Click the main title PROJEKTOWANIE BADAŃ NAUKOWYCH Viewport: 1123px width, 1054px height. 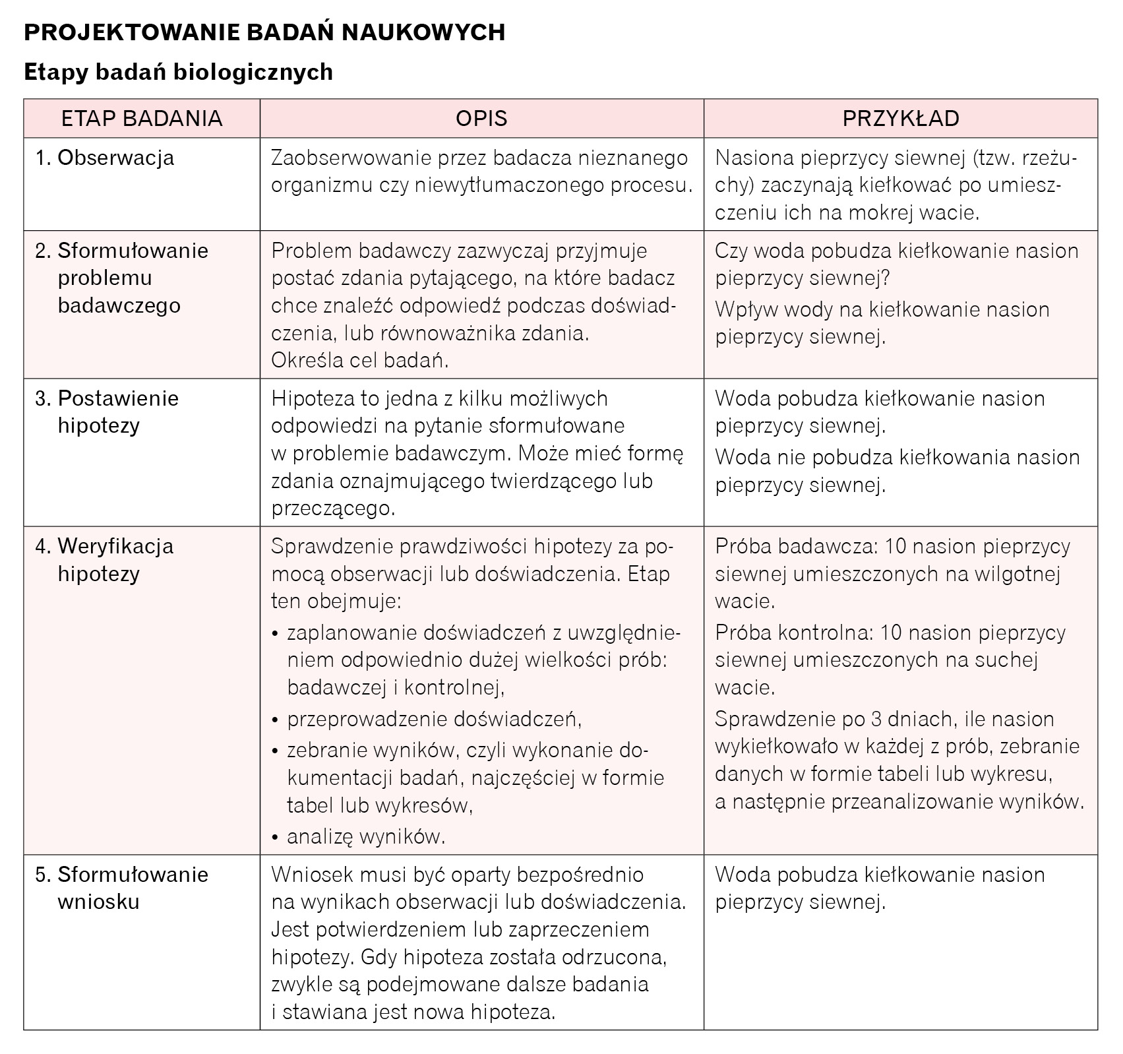(264, 32)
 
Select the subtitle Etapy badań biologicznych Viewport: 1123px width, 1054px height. (178, 72)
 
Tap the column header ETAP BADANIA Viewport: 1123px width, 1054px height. (142, 118)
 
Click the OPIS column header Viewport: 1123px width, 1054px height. (481, 118)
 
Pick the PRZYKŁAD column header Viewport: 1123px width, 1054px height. (900, 118)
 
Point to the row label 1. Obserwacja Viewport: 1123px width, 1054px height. (106, 158)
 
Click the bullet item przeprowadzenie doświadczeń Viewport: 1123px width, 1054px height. (434, 718)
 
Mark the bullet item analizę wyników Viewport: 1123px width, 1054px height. (366, 836)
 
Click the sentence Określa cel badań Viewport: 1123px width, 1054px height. (360, 360)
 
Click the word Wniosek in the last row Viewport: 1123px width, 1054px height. (311, 875)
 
